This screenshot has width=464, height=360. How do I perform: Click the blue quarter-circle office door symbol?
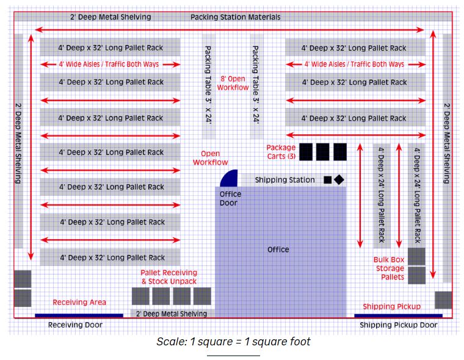[230, 179]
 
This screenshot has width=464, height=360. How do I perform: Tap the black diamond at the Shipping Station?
[339, 179]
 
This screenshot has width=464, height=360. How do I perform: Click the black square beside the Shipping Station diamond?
[328, 180]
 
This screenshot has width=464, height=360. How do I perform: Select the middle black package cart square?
[323, 152]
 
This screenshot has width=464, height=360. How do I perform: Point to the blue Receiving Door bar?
[79, 315]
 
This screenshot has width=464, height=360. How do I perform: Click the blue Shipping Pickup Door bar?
[398, 316]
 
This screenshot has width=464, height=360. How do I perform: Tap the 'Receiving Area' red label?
[79, 302]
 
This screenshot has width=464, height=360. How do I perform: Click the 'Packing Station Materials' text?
[235, 17]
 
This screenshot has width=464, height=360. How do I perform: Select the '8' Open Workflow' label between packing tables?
[233, 83]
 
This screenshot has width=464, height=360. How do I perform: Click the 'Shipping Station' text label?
[285, 180]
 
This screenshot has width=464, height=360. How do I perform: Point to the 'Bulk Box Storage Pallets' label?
[389, 268]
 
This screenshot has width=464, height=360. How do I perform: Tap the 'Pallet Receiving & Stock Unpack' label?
[169, 277]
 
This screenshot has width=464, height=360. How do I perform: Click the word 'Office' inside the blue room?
[278, 250]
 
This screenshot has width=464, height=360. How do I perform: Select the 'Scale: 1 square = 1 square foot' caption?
[233, 342]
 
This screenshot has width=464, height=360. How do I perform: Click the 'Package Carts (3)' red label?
[281, 152]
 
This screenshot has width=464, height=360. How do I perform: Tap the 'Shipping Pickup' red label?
[391, 306]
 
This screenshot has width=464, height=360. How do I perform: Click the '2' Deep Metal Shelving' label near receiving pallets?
[172, 314]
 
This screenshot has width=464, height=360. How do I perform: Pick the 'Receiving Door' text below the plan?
[75, 325]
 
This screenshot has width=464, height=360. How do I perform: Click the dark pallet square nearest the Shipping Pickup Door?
[443, 300]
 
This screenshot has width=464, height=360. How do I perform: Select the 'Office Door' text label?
[230, 198]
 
